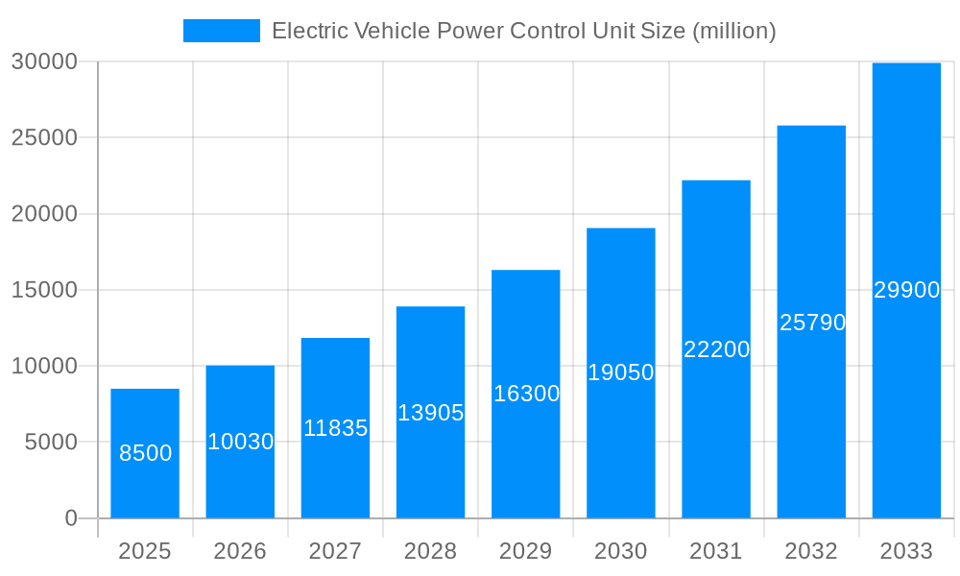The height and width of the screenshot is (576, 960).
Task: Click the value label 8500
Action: pos(145,453)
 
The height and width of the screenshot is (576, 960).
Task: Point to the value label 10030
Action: pos(240,442)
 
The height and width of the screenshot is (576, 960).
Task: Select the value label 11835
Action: pos(335,428)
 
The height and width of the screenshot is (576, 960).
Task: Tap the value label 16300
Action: pos(526,394)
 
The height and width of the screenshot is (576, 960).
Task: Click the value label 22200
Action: pos(716,349)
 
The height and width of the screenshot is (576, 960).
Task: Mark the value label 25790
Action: pos(812,323)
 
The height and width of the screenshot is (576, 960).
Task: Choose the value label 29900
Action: pos(906,290)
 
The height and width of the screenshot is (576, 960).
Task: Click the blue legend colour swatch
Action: pos(222,31)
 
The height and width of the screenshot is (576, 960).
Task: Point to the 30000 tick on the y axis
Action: pos(43,61)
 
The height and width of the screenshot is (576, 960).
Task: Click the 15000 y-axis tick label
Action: pos(43,290)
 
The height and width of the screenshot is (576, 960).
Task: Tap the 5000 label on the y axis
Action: pos(49,442)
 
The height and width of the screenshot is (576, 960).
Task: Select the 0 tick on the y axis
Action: pos(71,518)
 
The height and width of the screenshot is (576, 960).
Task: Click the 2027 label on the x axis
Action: pos(335,551)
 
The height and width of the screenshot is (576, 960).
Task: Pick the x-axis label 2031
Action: pos(716,551)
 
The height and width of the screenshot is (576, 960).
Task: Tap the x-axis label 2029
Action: pos(526,551)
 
